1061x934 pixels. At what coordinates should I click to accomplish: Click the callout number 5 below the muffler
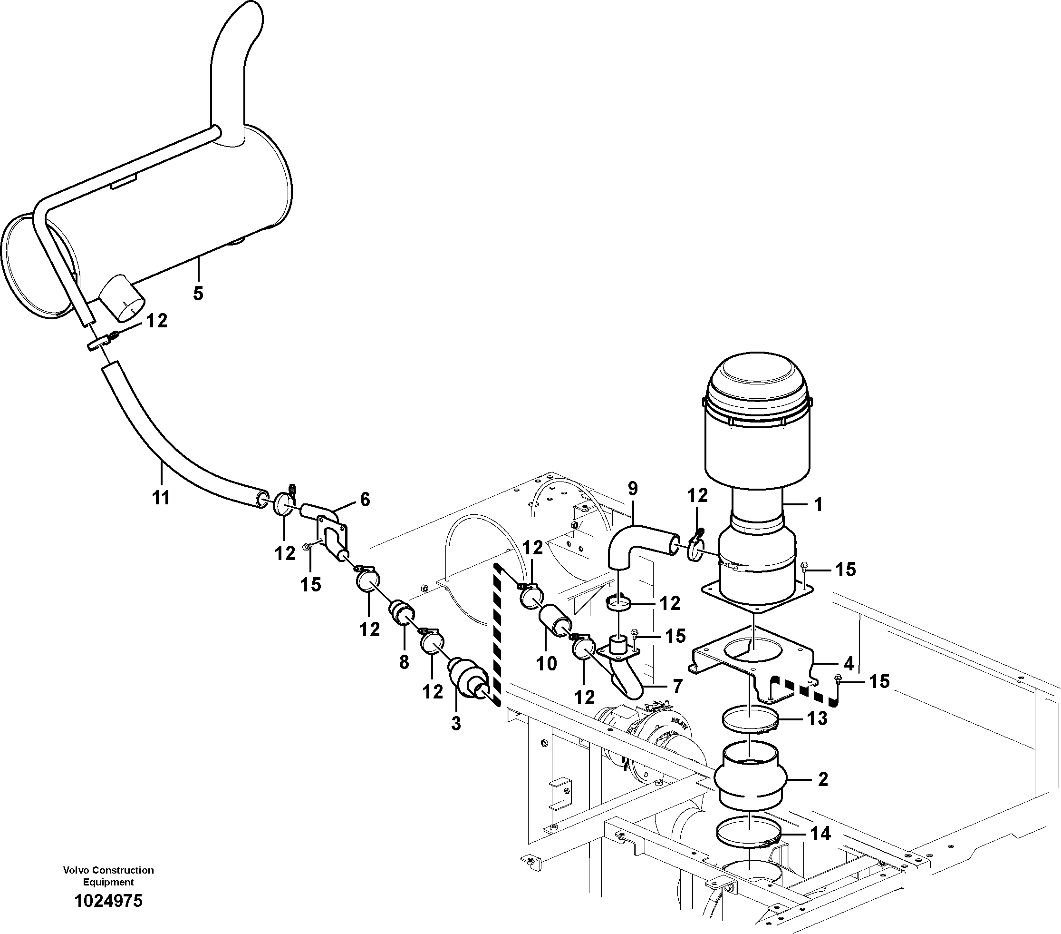click(198, 293)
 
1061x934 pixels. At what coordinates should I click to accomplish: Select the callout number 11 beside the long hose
click(161, 498)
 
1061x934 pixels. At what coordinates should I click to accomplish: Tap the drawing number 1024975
click(108, 900)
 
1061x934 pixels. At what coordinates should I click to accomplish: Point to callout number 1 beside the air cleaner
click(818, 504)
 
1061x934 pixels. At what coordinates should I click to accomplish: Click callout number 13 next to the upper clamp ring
click(817, 718)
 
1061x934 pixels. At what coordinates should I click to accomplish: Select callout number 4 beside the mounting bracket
click(849, 663)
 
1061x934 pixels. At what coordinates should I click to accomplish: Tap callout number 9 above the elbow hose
click(632, 489)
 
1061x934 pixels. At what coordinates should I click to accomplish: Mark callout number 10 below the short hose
click(546, 663)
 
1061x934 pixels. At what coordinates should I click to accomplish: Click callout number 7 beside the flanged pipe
click(677, 686)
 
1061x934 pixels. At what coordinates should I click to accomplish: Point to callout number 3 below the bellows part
click(456, 723)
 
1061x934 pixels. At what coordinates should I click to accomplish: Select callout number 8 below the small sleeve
click(404, 661)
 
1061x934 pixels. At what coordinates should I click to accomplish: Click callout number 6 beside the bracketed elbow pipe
click(365, 500)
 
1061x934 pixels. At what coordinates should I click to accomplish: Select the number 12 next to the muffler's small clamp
click(156, 321)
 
